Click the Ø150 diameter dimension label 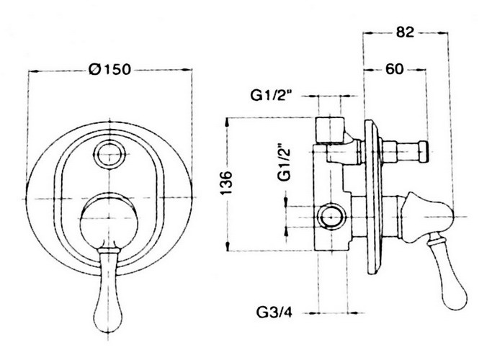click(109, 69)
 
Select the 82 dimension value click(405, 32)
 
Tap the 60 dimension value click(395, 69)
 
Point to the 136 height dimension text click(226, 183)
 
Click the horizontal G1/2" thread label click(272, 95)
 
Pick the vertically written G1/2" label click(285, 162)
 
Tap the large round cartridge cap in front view click(109, 222)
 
